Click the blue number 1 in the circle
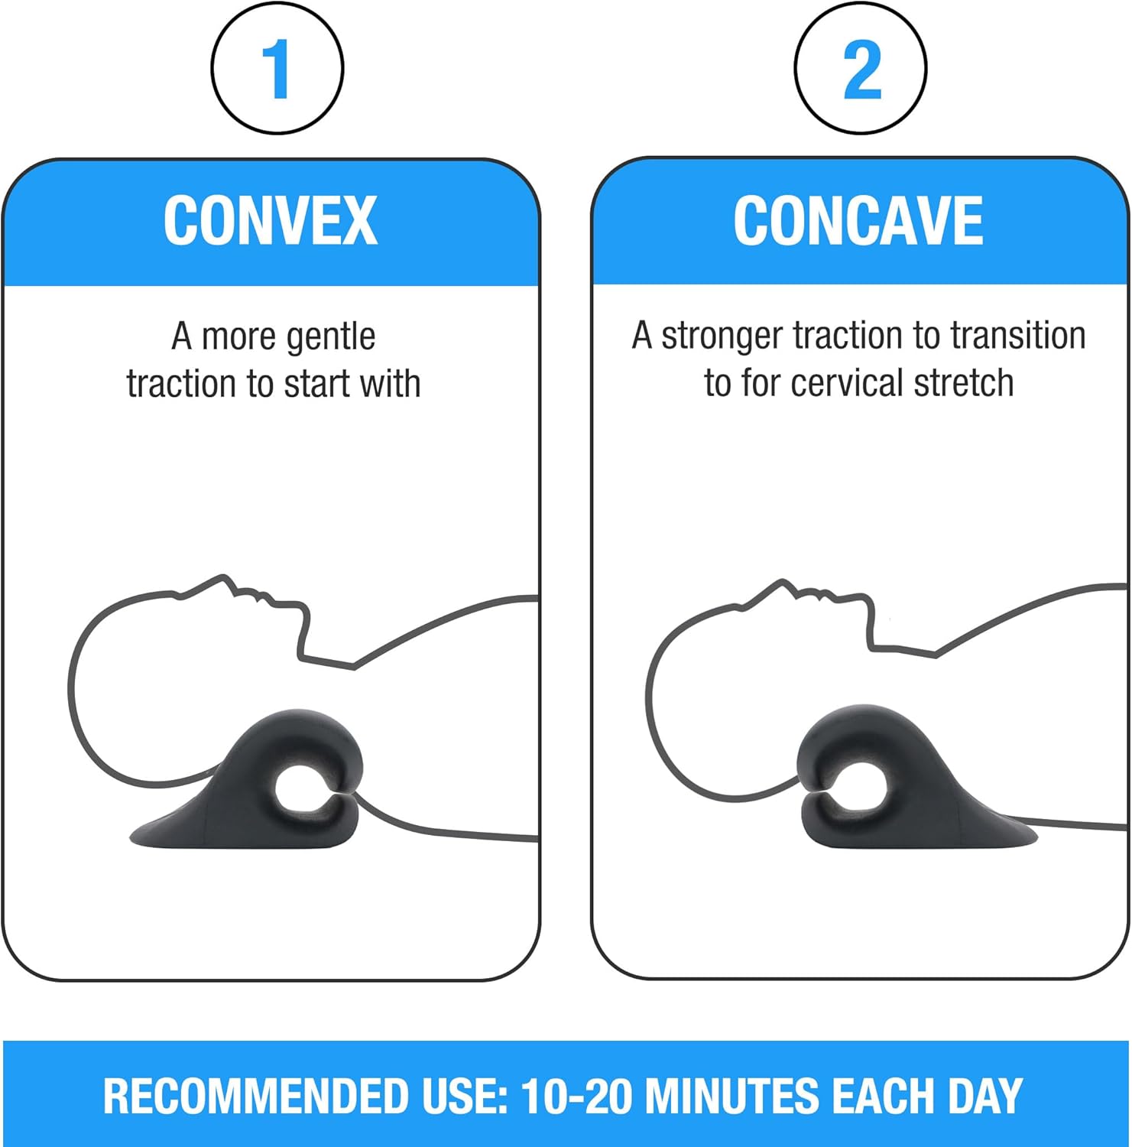(x=276, y=69)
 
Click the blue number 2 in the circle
(x=861, y=69)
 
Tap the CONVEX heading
(x=271, y=220)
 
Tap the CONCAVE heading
(x=858, y=220)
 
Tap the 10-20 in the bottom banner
(x=577, y=1096)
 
